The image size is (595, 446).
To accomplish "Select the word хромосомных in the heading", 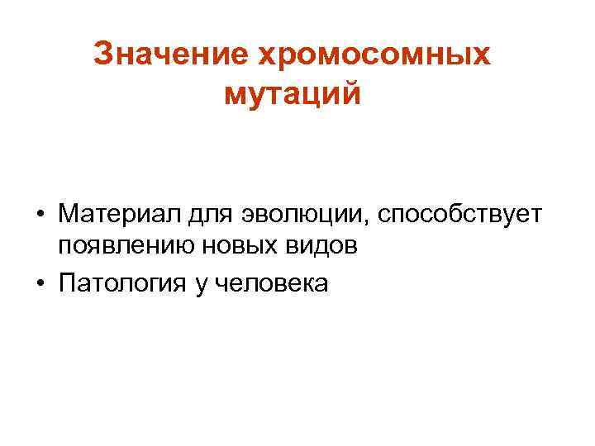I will (374, 55).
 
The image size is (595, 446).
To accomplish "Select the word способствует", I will (459, 215).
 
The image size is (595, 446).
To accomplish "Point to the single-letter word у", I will (201, 286).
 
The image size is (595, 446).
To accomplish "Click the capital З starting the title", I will (102, 55).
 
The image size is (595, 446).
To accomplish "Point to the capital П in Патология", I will (67, 284).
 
